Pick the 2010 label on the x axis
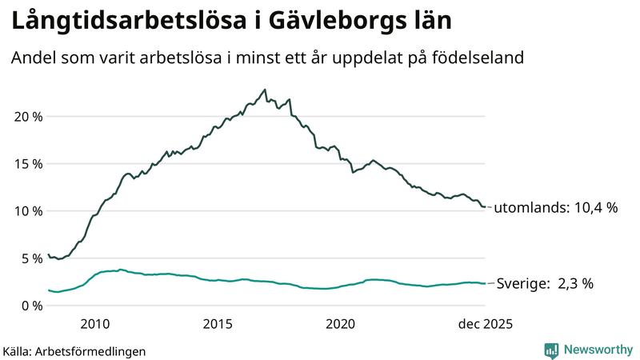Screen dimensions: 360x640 [x=94, y=324]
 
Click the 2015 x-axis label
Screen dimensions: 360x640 [x=218, y=324]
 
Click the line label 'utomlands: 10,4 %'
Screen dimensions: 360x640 [x=556, y=208]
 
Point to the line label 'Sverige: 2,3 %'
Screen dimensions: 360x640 [x=545, y=283]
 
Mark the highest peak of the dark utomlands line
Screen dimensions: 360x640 [x=265, y=90]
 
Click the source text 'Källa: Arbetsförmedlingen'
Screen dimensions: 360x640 [x=74, y=351]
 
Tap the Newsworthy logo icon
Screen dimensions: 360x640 [x=551, y=350]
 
